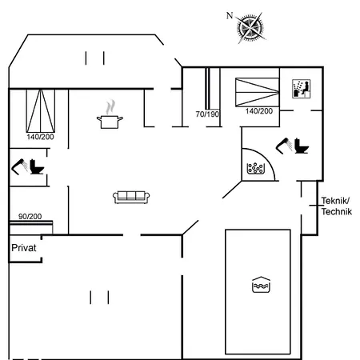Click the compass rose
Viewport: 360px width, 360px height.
pyautogui.click(x=250, y=27)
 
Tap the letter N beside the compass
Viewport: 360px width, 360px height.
pyautogui.click(x=230, y=15)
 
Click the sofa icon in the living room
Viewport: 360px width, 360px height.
pyautogui.click(x=131, y=198)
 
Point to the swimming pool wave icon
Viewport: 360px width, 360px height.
pyautogui.click(x=261, y=285)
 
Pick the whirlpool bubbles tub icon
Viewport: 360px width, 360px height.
pyautogui.click(x=256, y=168)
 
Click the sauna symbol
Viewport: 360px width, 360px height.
pyautogui.click(x=301, y=89)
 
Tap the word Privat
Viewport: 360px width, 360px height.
pyautogui.click(x=24, y=248)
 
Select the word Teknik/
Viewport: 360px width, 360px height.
pyautogui.click(x=335, y=200)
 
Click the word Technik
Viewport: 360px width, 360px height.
pyautogui.click(x=337, y=211)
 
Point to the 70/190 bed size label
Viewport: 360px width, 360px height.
pyautogui.click(x=207, y=114)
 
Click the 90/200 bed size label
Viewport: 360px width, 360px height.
pyautogui.click(x=30, y=216)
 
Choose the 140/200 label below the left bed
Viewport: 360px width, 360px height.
pyautogui.click(x=40, y=137)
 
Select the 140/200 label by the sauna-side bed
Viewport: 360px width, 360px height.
pyautogui.click(x=259, y=111)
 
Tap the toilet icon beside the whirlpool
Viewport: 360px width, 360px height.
pyautogui.click(x=302, y=146)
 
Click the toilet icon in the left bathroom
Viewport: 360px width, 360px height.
pyautogui.click(x=37, y=166)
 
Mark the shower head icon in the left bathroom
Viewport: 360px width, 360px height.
pyautogui.click(x=19, y=166)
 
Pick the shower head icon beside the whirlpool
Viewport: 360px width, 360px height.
pyautogui.click(x=284, y=146)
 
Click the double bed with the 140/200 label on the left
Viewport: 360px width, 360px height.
pyautogui.click(x=41, y=111)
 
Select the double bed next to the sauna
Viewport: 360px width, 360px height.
pyautogui.click(x=257, y=92)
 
